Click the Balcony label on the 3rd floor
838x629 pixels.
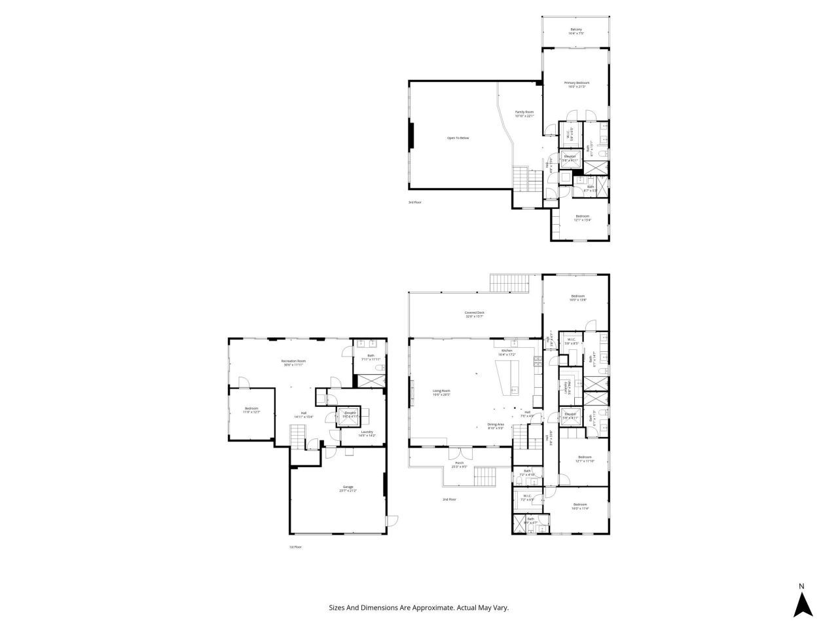click(576, 29)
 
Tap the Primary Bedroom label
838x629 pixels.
click(577, 83)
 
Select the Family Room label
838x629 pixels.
click(524, 112)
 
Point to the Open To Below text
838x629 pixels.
click(458, 138)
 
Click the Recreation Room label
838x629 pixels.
click(294, 361)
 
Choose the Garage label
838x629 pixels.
click(348, 487)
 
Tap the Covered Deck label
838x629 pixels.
click(475, 313)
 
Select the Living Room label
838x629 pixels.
click(441, 391)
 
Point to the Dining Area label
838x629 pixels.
click(495, 424)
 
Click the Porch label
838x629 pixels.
click(459, 463)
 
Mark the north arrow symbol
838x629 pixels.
click(803, 604)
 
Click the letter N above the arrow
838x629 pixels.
click(801, 586)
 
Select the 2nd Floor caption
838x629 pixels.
click(449, 499)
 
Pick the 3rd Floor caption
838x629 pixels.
click(414, 202)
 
